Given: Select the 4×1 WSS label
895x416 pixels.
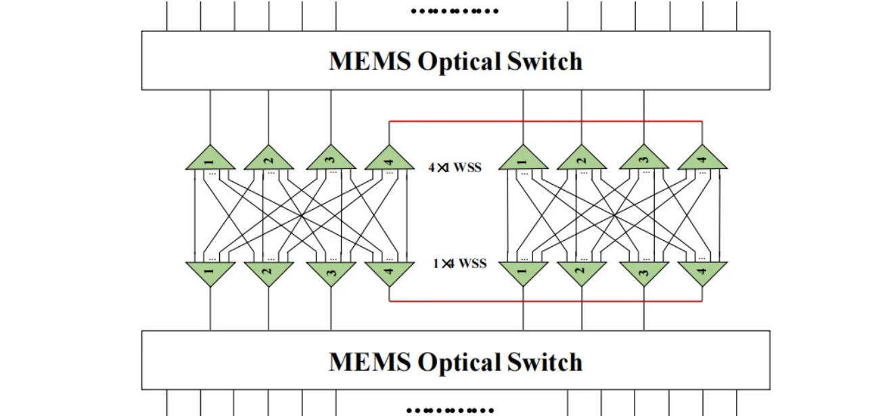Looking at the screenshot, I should tap(455, 166).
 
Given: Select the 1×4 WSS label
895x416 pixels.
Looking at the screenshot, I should tap(459, 263).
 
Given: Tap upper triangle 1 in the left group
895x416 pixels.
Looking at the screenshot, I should tap(210, 160).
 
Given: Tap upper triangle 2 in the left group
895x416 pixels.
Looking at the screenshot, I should tap(269, 160).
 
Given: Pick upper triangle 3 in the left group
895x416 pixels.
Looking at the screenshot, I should tap(331, 160).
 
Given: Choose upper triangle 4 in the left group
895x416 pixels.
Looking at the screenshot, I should tap(389, 160).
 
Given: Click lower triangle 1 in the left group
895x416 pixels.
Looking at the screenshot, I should tap(210, 272).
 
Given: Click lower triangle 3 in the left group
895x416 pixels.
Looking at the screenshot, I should tap(331, 272).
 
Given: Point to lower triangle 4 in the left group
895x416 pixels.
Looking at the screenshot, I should tap(389, 272).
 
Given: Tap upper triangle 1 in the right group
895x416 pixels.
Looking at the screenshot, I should tap(523, 160).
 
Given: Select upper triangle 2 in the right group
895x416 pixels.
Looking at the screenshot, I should tap(581, 160).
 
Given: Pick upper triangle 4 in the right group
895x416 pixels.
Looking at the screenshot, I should tap(702, 160).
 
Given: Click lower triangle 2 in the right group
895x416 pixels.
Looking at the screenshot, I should tap(581, 272).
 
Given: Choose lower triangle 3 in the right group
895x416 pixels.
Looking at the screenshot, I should tap(643, 272).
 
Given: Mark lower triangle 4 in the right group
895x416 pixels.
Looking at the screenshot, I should tap(702, 272).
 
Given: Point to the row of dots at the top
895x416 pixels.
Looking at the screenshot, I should tap(455, 11).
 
